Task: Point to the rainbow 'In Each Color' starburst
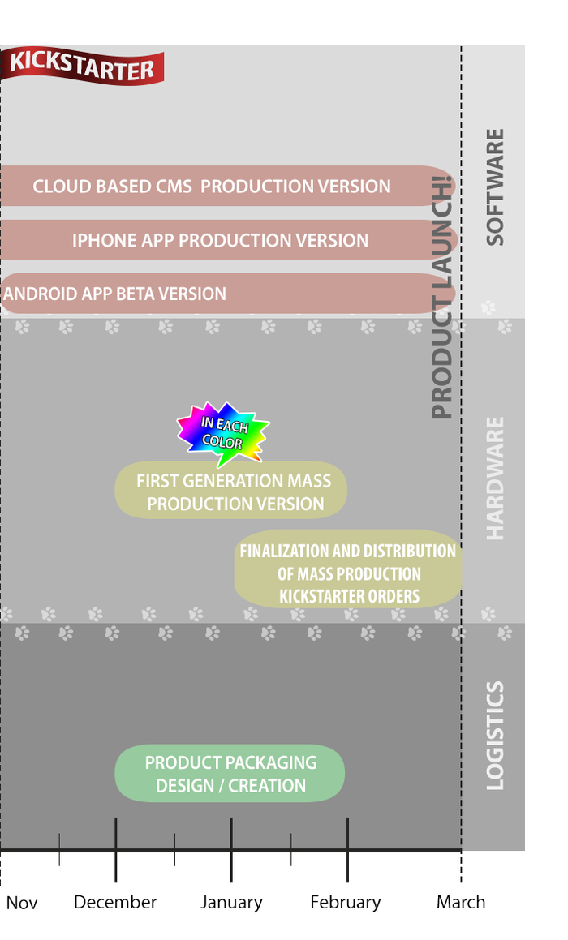[222, 432]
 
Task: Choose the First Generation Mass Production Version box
[232, 491]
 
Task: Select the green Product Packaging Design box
[230, 774]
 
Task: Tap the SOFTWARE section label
[494, 187]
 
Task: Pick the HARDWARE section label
[494, 479]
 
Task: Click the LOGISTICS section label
[494, 736]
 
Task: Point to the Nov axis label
[22, 903]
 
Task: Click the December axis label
[115, 903]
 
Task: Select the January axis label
[232, 903]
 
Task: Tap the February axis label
[346, 903]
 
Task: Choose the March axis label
[461, 903]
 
